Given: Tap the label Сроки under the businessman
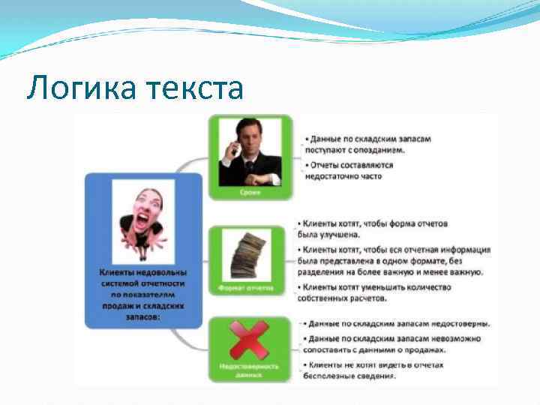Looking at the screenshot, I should pos(249,192).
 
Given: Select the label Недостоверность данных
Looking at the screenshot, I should pos(249,370).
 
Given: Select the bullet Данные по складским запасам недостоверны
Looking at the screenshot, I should pos(397,324).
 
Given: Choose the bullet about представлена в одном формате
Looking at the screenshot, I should pos(394,260).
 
